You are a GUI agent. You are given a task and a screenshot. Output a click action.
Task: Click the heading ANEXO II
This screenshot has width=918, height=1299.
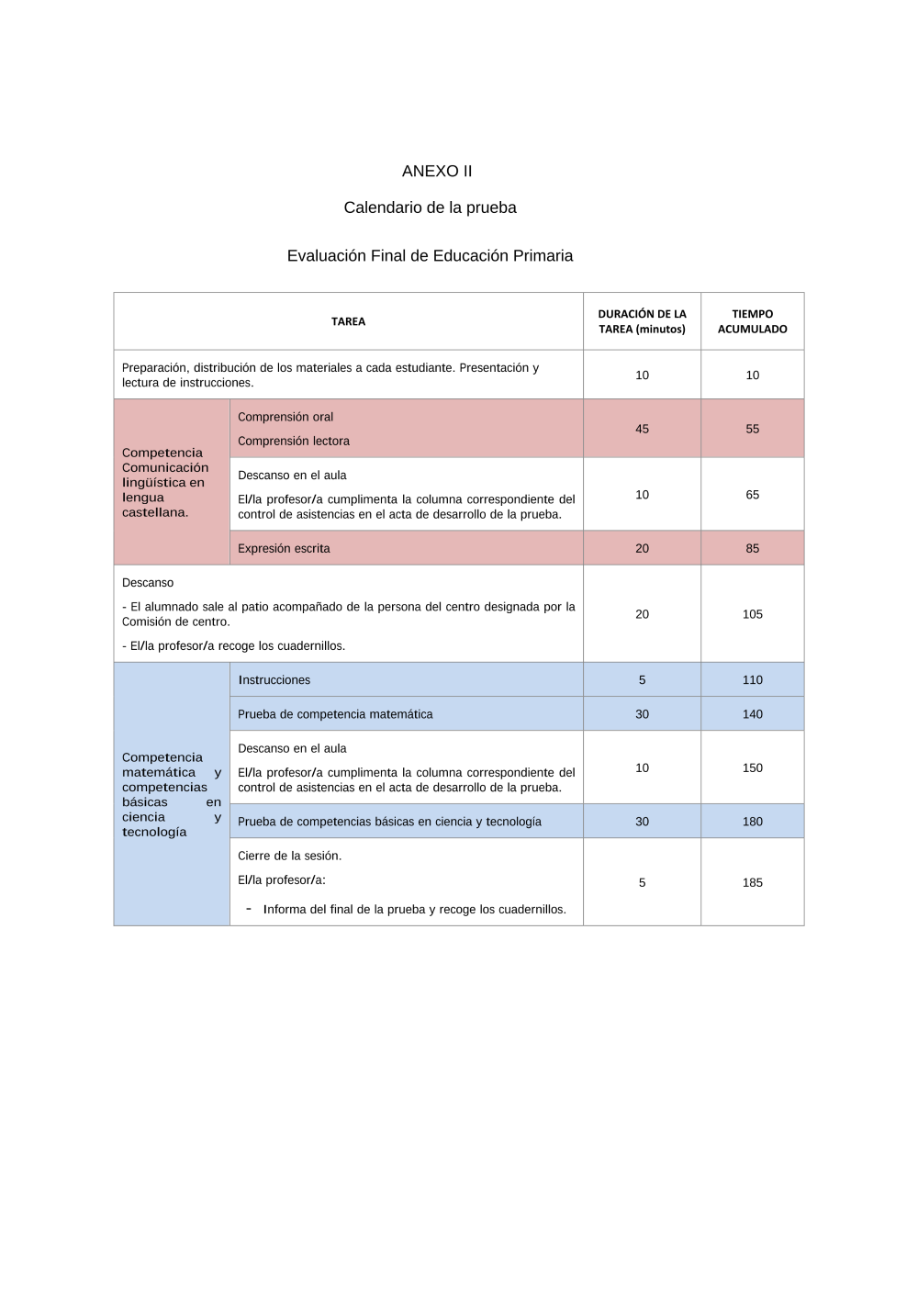coord(437,172)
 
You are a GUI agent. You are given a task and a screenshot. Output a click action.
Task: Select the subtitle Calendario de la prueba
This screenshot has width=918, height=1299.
coord(430,208)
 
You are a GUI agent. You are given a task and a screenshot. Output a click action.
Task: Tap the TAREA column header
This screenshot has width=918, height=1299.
coord(348,322)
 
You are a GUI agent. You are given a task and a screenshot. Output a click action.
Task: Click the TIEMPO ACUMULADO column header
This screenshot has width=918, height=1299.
coord(752,321)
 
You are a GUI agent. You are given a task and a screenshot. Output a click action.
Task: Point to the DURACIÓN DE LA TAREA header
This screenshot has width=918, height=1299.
coord(642,321)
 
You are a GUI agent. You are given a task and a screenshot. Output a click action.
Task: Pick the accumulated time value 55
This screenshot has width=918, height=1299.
coord(752,429)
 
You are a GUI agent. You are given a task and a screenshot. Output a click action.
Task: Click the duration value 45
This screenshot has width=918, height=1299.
coord(642,429)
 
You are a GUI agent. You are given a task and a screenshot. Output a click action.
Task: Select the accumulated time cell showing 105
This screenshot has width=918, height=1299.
coord(752,614)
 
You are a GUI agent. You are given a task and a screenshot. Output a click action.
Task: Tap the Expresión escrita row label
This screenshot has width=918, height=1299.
coord(284,549)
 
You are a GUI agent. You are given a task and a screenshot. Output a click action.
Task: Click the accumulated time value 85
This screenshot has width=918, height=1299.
coord(752,549)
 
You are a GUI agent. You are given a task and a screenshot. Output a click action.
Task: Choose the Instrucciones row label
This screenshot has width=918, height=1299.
coord(274,680)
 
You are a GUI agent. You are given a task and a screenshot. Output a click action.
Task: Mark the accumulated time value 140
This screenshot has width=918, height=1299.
coord(752,714)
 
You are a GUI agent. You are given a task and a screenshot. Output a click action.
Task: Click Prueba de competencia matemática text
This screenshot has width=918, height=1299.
coord(335,714)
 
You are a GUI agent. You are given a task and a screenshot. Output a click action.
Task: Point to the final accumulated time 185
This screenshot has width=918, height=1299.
coord(752,883)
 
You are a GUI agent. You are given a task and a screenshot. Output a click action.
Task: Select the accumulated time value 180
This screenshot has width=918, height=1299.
coord(752,822)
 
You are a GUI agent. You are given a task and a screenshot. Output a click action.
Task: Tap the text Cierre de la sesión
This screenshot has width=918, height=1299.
coord(289,856)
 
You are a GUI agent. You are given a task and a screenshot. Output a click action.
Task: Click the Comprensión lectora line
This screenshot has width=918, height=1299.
coord(294,442)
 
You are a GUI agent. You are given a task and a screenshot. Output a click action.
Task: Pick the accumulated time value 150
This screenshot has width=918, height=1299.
coord(752,767)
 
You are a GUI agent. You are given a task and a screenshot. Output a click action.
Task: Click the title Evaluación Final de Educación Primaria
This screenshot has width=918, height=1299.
coord(430,256)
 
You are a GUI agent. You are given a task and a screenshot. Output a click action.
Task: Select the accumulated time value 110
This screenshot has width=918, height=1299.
coord(752,680)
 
